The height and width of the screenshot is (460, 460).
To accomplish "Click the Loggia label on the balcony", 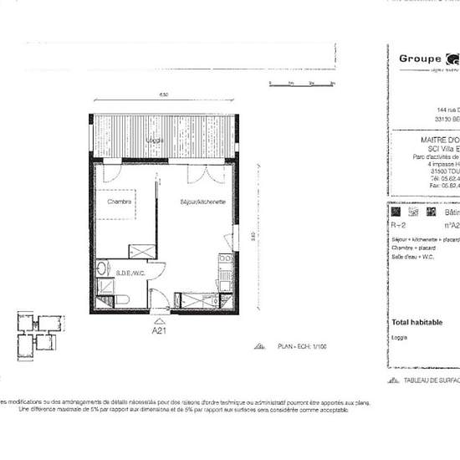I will (153, 140).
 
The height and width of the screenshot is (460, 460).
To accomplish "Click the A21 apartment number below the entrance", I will (160, 330).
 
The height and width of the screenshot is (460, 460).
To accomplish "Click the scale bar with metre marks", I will (302, 83).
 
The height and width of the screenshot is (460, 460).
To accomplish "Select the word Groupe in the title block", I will (421, 59).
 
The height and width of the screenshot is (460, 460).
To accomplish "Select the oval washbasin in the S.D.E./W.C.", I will (102, 269).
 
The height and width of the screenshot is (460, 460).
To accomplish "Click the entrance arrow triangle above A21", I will (160, 318).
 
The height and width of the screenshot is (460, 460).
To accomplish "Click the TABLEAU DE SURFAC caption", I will (427, 379).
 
